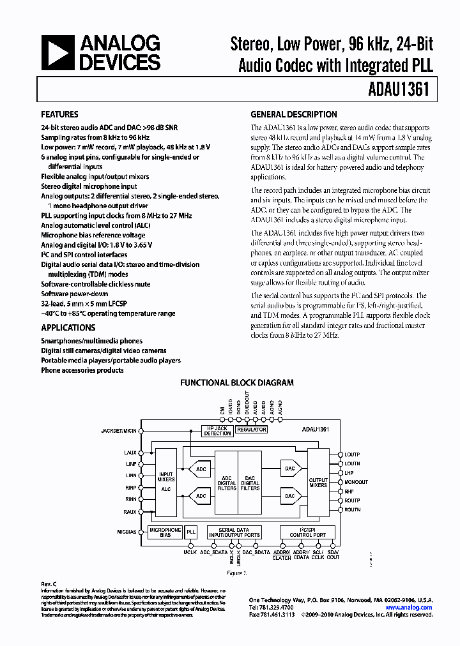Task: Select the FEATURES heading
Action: click(59, 115)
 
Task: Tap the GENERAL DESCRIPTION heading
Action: click(293, 115)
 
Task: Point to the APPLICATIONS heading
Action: click(68, 327)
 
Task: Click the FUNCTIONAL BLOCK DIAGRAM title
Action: click(236, 383)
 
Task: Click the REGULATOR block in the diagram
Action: click(251, 430)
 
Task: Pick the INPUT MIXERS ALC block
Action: click(166, 483)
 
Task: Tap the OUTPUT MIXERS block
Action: click(318, 482)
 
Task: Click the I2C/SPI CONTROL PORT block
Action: click(303, 533)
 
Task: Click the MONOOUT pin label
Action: click(356, 482)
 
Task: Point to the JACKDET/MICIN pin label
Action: click(119, 431)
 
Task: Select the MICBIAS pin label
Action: click(127, 530)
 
